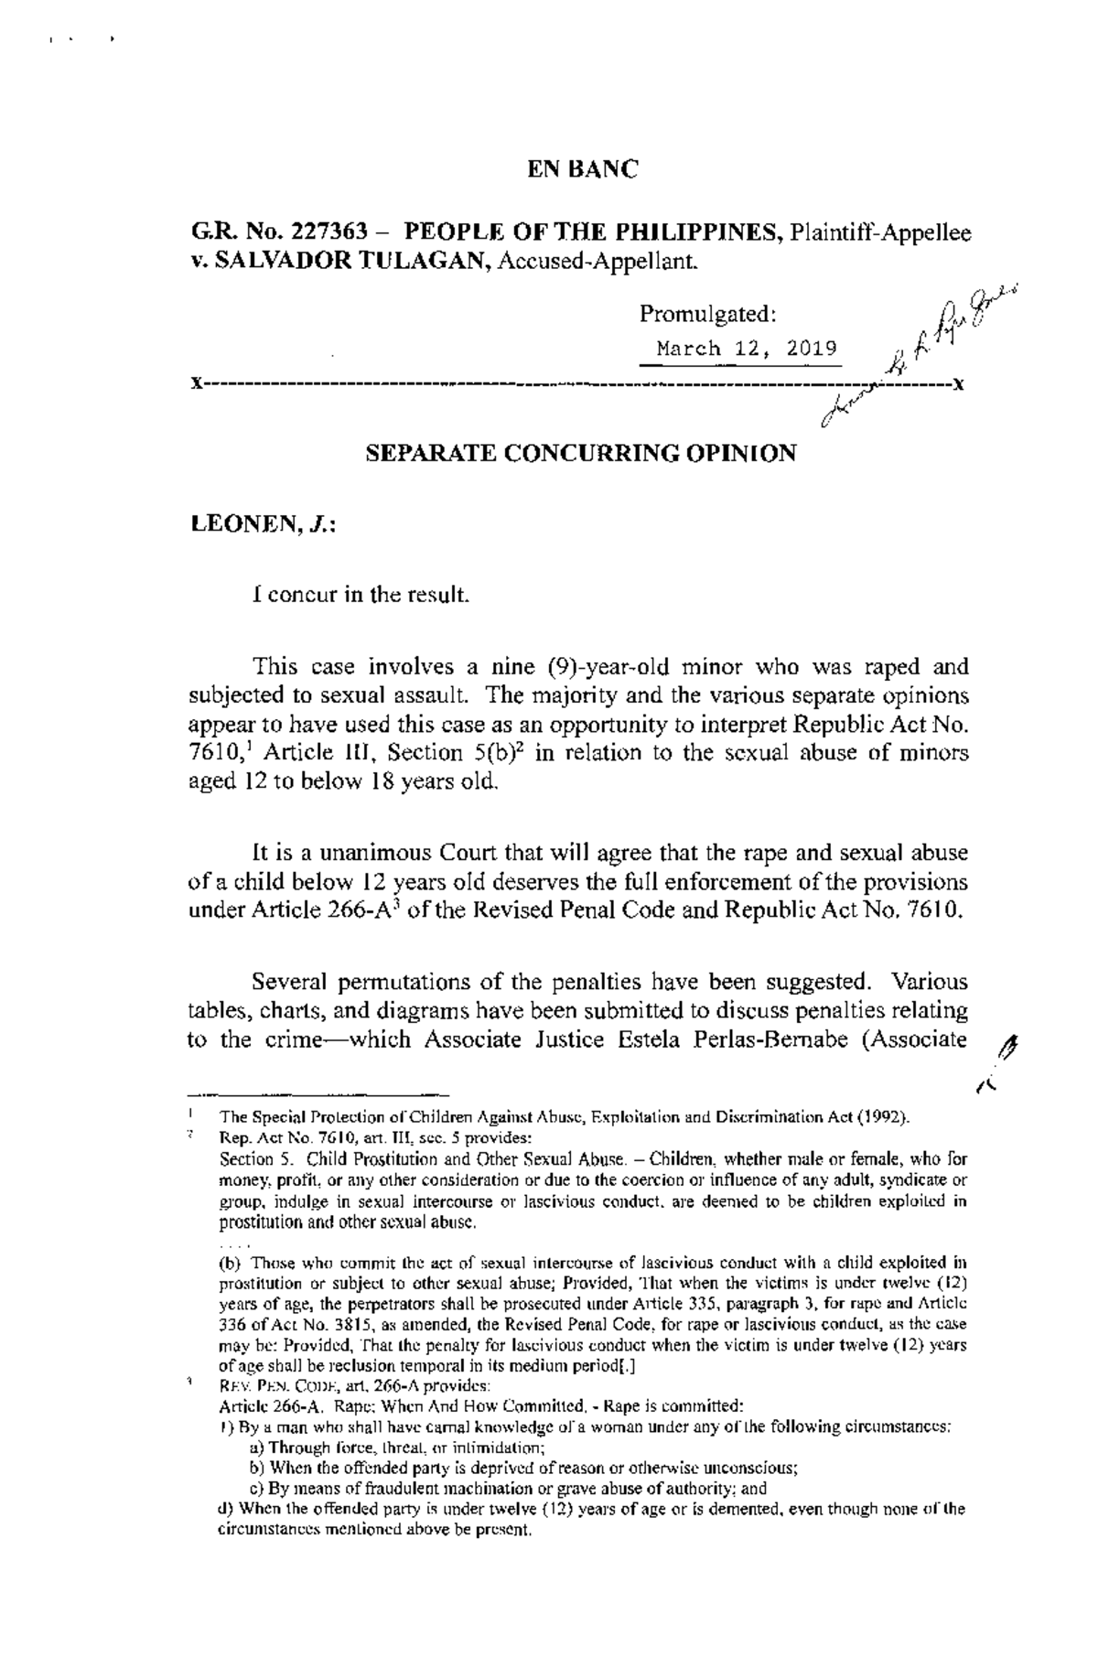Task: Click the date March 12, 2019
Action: tap(746, 349)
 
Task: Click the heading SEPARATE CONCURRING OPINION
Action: tap(581, 453)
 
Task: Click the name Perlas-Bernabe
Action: tap(768, 1041)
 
